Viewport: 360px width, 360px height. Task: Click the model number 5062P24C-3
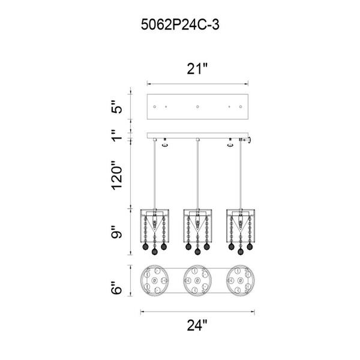[x=180, y=25]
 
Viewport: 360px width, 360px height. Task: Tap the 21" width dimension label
[x=197, y=68]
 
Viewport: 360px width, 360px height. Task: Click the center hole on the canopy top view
[x=197, y=107]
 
